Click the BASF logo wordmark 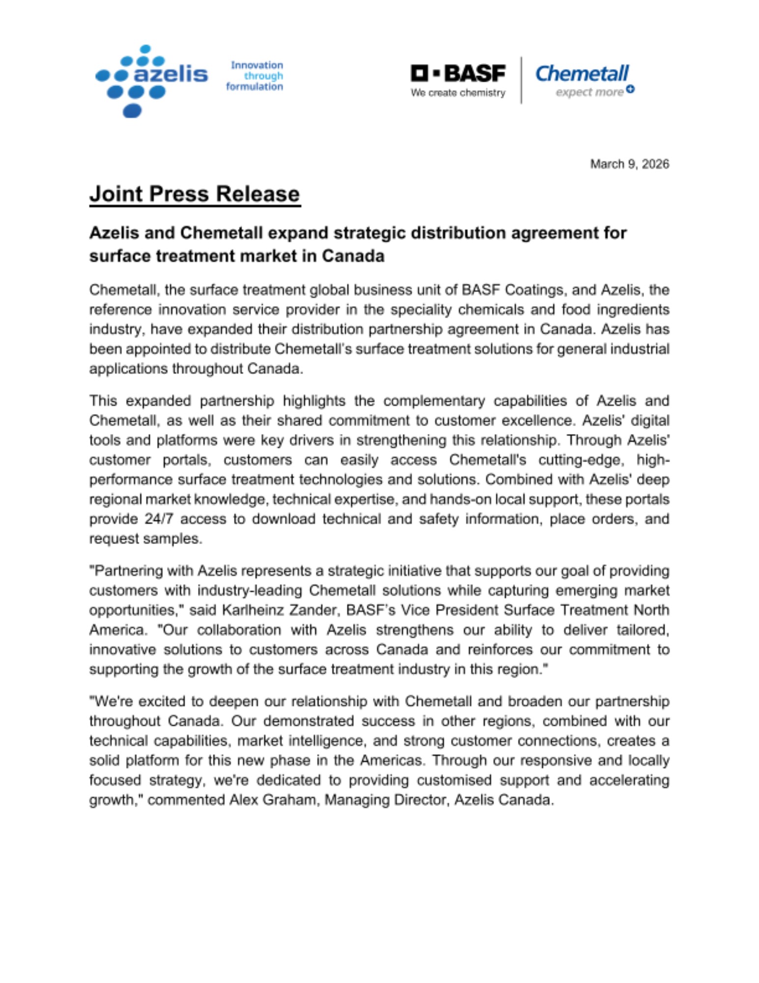458,74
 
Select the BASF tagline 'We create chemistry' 458,93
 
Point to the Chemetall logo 582,74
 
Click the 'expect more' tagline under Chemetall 590,92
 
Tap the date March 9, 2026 629,164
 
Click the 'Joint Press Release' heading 195,194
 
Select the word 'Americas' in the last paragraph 392,761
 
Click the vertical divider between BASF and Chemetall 521,80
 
